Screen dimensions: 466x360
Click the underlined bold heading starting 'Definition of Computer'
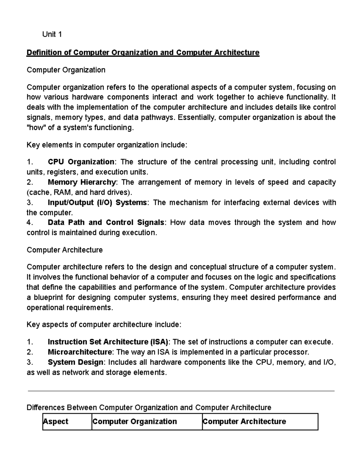pyautogui.click(x=143, y=53)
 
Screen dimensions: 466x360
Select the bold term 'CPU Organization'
pyautogui.click(x=81, y=162)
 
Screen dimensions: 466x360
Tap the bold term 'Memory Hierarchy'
pyautogui.click(x=82, y=182)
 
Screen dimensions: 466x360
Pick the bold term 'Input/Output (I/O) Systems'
pyautogui.click(x=97, y=203)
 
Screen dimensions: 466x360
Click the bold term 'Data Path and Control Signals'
pyautogui.click(x=106, y=223)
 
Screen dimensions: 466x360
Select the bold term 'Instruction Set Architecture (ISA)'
pyautogui.click(x=108, y=342)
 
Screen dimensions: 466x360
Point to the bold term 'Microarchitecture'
pyautogui.click(x=80, y=352)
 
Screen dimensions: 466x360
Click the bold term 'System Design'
pyautogui.click(x=75, y=362)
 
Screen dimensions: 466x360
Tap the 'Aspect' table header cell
pyautogui.click(x=56, y=422)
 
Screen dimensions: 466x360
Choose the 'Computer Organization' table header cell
pyautogui.click(x=135, y=422)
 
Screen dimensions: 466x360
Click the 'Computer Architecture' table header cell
pyautogui.click(x=244, y=422)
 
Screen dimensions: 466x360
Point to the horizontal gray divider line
pyautogui.click(x=181, y=391)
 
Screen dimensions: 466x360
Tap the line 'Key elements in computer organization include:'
pyautogui.click(x=107, y=145)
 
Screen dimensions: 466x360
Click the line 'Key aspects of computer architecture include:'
pyautogui.click(x=104, y=325)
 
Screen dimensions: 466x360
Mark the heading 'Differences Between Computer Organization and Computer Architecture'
pyautogui.click(x=149, y=407)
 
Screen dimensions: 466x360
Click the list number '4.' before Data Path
pyautogui.click(x=29, y=223)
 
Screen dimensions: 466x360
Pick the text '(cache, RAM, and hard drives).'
pyautogui.click(x=79, y=192)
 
